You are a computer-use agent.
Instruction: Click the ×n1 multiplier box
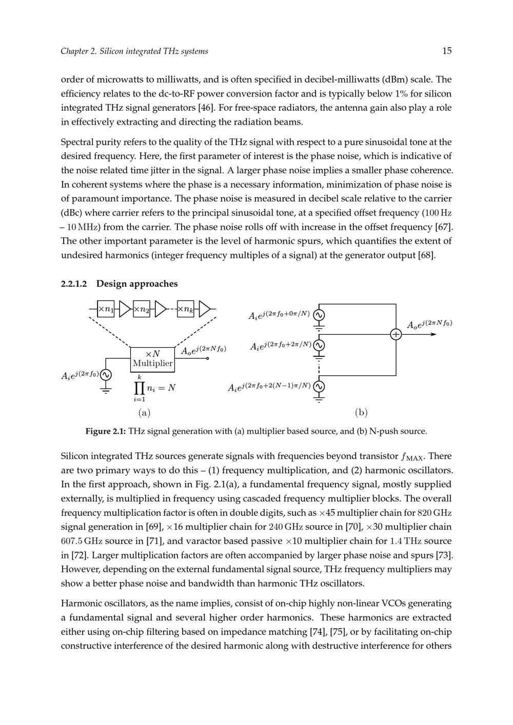click(x=106, y=309)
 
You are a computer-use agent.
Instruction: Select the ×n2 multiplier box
click(x=141, y=309)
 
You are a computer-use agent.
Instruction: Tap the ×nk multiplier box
click(x=185, y=309)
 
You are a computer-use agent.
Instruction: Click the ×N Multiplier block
click(x=152, y=358)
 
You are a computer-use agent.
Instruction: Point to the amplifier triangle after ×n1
click(x=124, y=309)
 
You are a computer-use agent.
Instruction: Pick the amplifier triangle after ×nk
click(x=204, y=309)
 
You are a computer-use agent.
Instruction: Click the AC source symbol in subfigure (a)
click(x=106, y=375)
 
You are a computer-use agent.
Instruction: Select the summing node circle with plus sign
click(x=396, y=334)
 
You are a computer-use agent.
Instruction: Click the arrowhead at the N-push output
click(x=434, y=334)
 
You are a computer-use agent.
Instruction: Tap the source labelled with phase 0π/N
click(x=319, y=315)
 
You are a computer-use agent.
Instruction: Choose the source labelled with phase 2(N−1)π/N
click(x=319, y=386)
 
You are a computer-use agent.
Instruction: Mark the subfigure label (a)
click(x=144, y=412)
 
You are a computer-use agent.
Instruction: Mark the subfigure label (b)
click(x=361, y=412)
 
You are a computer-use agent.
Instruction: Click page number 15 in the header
click(x=446, y=51)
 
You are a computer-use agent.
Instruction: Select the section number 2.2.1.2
click(x=74, y=284)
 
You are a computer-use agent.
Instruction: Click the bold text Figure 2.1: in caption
click(x=106, y=431)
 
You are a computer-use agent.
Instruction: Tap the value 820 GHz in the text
click(x=435, y=513)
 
